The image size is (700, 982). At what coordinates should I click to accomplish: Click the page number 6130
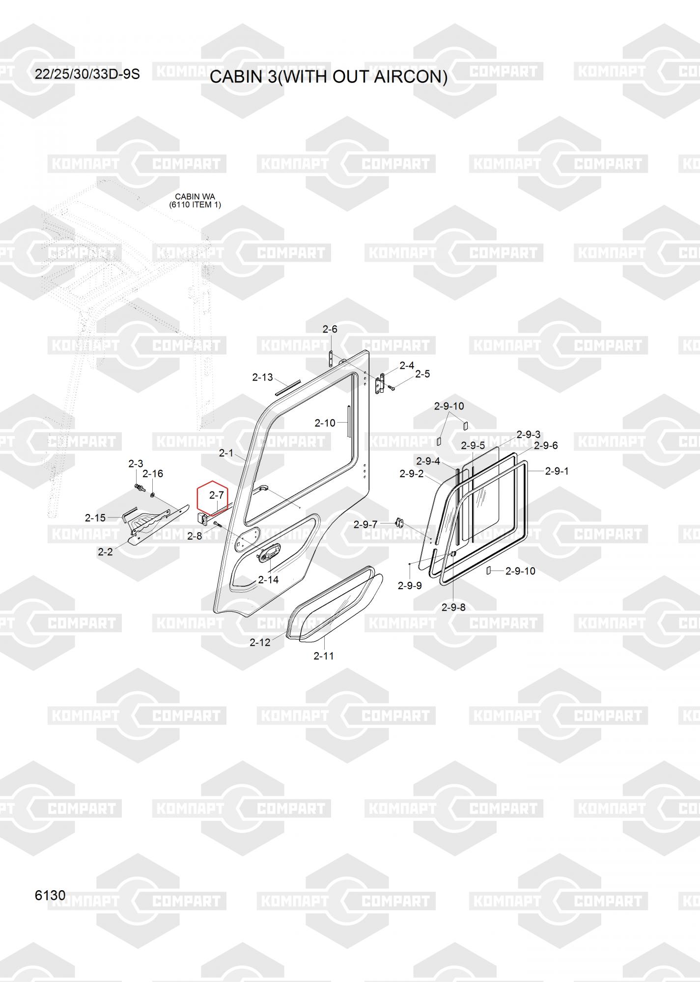coord(50,895)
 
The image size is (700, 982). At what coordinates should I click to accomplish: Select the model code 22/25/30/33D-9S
coord(87,74)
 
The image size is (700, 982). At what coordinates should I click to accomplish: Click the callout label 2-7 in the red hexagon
coord(217,495)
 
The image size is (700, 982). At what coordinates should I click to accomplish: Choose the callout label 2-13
coord(262,377)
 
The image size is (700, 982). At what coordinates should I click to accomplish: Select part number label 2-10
coord(325,423)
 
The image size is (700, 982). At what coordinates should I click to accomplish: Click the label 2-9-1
coord(557,471)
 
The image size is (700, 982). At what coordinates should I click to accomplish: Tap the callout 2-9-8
coord(453,607)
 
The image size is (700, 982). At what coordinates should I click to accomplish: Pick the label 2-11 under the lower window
coord(324,655)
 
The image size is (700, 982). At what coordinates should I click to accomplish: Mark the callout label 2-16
coord(153,473)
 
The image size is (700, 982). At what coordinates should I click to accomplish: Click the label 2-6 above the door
coord(330,329)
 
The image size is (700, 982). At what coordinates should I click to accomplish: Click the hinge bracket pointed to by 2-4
coord(379,383)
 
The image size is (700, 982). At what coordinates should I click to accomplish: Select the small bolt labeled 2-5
coord(392,388)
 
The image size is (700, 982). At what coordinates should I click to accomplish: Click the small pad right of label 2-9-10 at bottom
coord(489,571)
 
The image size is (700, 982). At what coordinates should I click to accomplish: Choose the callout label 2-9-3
coord(529,435)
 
